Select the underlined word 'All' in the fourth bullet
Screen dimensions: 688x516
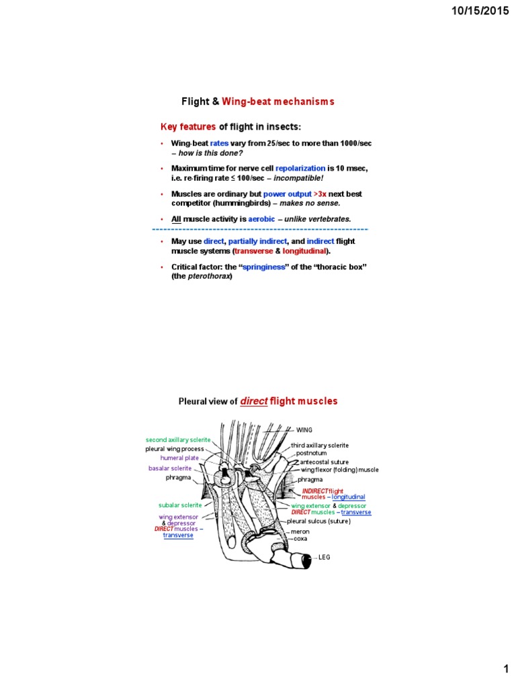click(176, 219)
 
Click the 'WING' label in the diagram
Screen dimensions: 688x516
click(304, 429)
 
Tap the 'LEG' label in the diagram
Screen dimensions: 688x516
click(324, 557)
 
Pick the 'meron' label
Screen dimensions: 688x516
click(300, 531)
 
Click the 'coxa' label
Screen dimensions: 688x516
click(300, 538)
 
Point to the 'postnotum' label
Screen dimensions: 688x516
click(311, 454)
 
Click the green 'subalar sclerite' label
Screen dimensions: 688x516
click(180, 505)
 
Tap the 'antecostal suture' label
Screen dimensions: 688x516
click(322, 462)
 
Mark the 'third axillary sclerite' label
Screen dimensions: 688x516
click(320, 445)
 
